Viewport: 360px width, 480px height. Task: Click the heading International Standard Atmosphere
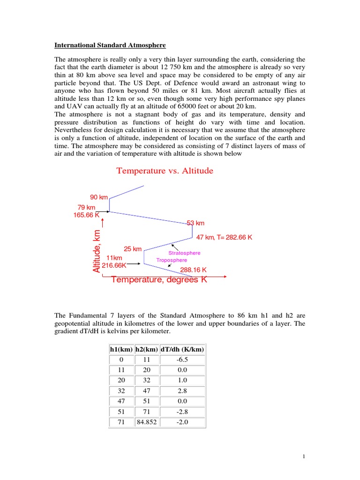point(110,45)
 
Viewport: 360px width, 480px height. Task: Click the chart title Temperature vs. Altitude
point(165,171)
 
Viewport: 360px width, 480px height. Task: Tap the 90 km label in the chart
point(98,197)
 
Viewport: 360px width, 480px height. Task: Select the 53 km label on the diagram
point(195,223)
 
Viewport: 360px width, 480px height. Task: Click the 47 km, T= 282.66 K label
point(224,237)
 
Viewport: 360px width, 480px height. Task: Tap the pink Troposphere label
point(172,260)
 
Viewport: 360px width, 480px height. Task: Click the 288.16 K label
point(194,270)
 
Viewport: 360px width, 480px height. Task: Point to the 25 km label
point(133,249)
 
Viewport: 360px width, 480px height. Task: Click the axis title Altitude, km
point(97,251)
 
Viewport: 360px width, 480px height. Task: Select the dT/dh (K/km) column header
point(182,350)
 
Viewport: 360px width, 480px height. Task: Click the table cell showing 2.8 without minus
point(182,391)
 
